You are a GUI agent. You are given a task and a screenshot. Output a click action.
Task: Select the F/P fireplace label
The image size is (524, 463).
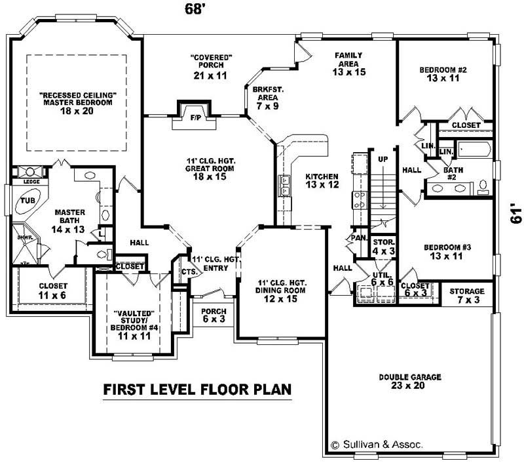pyautogui.click(x=195, y=119)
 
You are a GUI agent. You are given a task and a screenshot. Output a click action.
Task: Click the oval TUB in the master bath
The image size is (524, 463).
pyautogui.click(x=28, y=201)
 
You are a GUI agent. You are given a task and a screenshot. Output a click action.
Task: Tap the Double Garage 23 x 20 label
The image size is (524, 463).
pyautogui.click(x=410, y=382)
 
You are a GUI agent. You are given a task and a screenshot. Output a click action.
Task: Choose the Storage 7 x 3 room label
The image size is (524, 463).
pyautogui.click(x=466, y=295)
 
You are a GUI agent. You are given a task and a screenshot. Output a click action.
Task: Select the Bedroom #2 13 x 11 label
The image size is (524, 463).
pyautogui.click(x=443, y=73)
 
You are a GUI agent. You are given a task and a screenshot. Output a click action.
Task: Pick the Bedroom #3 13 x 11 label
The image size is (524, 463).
pyautogui.click(x=447, y=252)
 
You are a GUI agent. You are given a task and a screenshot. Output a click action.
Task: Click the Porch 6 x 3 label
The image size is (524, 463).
pyautogui.click(x=214, y=316)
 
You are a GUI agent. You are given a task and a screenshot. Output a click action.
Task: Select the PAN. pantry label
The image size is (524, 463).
pyautogui.click(x=358, y=237)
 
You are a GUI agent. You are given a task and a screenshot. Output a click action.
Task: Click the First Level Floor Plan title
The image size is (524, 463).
pyautogui.click(x=197, y=390)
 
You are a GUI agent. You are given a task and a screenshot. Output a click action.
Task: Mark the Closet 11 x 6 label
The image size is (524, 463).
pyautogui.click(x=52, y=291)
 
